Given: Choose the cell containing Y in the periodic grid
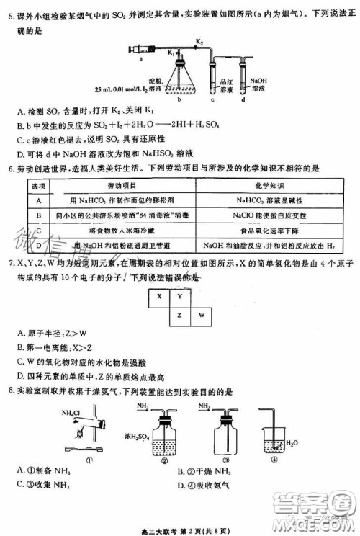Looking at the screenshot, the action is tap(179, 295).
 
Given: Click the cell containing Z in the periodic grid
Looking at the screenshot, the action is tap(179, 315).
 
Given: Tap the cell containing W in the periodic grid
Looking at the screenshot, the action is tap(202, 315).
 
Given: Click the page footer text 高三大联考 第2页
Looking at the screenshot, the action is tap(179, 529).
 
